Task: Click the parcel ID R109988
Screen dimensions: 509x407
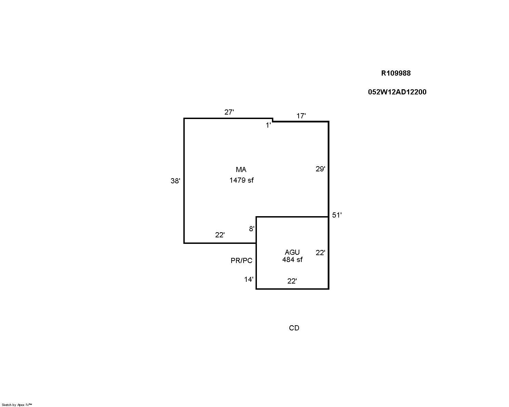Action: (396, 73)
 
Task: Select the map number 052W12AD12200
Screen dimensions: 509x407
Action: (397, 92)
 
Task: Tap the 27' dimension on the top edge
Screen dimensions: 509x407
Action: (229, 112)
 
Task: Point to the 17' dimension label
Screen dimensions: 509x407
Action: (301, 116)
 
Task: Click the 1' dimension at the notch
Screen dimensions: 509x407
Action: (268, 125)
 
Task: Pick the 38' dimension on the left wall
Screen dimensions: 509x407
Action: (175, 181)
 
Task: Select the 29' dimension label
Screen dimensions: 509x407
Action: (320, 169)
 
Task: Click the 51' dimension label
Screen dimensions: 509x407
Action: (337, 215)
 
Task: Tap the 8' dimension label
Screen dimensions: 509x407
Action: (252, 229)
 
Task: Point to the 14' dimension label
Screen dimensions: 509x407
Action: (249, 279)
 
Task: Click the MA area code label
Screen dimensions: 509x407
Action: (241, 170)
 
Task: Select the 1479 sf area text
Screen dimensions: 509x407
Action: (242, 181)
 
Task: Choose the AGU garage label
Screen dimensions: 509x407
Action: (292, 252)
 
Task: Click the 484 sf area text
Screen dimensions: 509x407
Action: (292, 260)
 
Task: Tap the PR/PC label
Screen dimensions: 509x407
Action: (242, 261)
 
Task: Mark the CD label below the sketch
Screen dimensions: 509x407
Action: (294, 328)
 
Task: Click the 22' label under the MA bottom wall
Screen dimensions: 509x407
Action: (220, 235)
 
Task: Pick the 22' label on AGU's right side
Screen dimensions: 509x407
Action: (320, 253)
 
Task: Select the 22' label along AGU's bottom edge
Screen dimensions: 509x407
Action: (292, 281)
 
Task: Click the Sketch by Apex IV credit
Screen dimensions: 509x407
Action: (17, 405)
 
